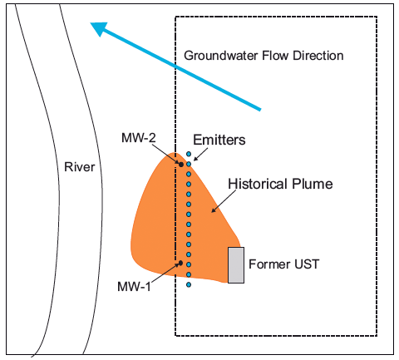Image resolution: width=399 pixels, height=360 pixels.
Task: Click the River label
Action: [80, 167]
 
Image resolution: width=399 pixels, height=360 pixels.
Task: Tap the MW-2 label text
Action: [139, 138]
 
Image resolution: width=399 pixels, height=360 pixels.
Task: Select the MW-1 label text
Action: [134, 286]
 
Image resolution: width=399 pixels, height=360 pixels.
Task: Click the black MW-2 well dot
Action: [181, 165]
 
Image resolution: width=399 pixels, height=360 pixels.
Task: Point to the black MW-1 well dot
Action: [180, 263]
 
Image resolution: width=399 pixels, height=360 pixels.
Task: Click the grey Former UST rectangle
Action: [236, 265]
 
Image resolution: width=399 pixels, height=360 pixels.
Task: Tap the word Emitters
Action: [219, 140]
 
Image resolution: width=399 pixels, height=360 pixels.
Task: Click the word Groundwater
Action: [221, 56]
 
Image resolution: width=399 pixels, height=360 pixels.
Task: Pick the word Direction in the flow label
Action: [318, 56]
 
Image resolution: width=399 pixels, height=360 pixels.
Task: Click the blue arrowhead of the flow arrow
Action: [99, 28]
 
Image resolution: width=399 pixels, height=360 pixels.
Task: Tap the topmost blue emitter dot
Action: [189, 154]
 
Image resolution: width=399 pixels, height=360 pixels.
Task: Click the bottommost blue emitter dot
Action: [189, 284]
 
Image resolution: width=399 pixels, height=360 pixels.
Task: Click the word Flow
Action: [275, 56]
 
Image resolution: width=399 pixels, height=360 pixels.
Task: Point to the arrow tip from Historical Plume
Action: [212, 212]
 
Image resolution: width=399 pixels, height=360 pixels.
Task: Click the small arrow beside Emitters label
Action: [200, 154]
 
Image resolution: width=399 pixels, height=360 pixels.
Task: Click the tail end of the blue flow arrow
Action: [260, 110]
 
